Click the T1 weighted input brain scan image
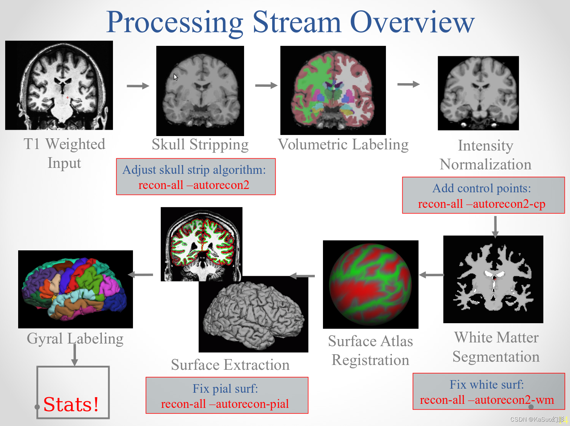(59, 85)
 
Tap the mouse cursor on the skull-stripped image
(176, 77)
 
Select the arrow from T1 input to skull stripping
(138, 86)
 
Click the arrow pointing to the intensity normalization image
(409, 84)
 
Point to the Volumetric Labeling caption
(343, 145)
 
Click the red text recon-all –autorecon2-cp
(481, 204)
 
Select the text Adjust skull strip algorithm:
(194, 170)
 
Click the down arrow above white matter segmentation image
(495, 227)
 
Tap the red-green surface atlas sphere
(370, 284)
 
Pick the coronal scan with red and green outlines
(201, 244)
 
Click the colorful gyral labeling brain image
(75, 289)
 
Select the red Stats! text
(71, 404)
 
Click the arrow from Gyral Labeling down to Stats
(75, 355)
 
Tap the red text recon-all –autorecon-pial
(225, 404)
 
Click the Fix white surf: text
(487, 385)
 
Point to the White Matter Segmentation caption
(496, 347)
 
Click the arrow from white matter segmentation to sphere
(431, 275)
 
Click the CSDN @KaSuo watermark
(537, 419)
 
